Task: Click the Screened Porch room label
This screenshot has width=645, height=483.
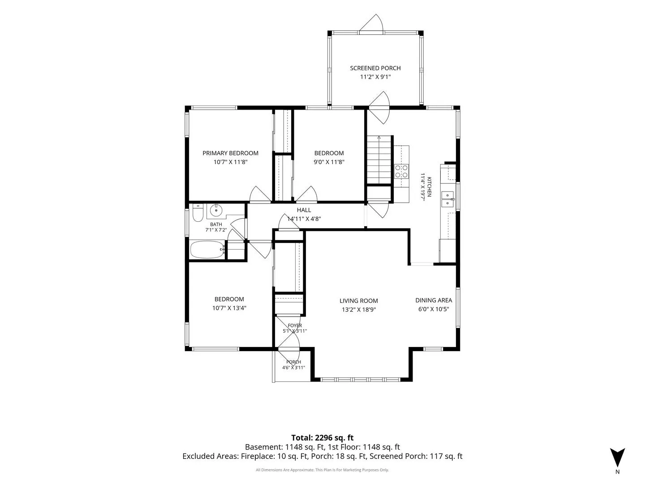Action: click(x=375, y=68)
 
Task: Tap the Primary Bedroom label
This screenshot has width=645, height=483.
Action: click(x=230, y=153)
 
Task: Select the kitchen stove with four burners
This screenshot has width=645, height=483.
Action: click(x=401, y=172)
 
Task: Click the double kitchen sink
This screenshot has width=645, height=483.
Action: click(x=448, y=199)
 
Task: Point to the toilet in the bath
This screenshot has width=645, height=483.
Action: click(x=198, y=213)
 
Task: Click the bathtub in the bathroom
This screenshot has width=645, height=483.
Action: click(x=207, y=250)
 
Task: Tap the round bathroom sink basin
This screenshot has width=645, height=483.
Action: click(x=216, y=210)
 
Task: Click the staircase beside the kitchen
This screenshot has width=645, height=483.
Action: click(x=379, y=160)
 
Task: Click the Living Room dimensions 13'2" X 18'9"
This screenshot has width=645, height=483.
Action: click(x=359, y=309)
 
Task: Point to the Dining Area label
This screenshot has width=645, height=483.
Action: click(x=434, y=300)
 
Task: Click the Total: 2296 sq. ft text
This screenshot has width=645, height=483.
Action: click(x=322, y=438)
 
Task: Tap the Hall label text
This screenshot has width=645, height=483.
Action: click(x=304, y=210)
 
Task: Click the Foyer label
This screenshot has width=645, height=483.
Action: click(x=295, y=326)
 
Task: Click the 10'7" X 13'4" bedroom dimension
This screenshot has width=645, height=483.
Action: click(x=229, y=308)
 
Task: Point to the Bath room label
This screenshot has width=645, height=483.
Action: click(x=216, y=225)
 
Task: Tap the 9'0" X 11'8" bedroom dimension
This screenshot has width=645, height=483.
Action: click(x=329, y=162)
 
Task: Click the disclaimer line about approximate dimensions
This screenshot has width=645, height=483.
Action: click(x=322, y=470)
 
